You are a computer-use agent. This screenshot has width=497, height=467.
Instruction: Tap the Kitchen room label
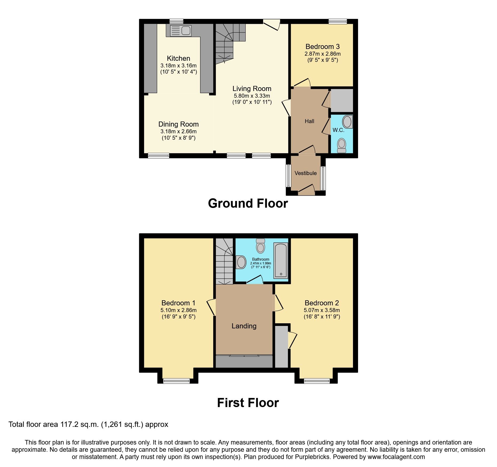pos(178,58)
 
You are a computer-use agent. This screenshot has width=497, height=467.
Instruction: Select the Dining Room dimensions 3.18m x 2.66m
pos(178,131)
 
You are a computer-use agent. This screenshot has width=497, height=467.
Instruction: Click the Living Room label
pos(252,89)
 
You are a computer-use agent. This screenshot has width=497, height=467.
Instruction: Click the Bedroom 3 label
pos(323,47)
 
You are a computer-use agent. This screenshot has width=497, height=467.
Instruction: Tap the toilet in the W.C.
pos(341,145)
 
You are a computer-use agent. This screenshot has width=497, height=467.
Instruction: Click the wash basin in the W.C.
pos(347,122)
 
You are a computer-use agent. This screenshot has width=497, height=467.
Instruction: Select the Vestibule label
pos(305,173)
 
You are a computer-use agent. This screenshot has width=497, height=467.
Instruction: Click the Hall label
pos(309,121)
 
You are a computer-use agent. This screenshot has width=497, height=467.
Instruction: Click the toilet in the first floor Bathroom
pos(260,246)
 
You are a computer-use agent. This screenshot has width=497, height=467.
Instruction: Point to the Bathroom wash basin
pos(241,262)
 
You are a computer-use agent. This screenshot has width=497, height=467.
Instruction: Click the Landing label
pos(244,326)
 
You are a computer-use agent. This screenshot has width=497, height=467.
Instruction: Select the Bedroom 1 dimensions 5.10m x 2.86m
pos(178,310)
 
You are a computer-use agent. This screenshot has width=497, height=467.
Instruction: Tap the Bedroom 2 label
pos(322,303)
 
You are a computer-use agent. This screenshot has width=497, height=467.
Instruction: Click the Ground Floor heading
pos(248,203)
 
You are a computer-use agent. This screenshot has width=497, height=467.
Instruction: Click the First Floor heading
pos(248,403)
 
